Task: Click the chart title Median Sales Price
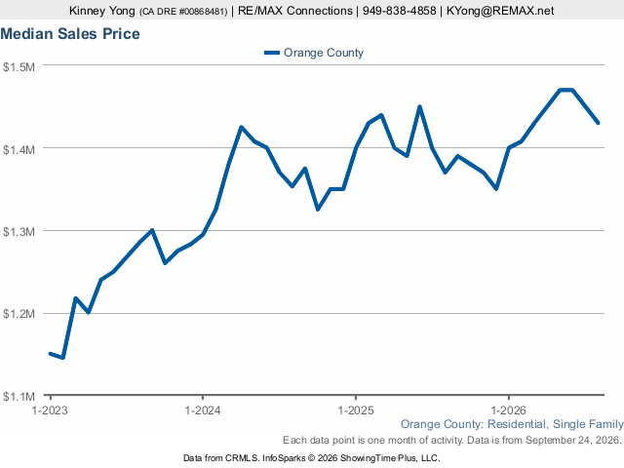[x=70, y=34]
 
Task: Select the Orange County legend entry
[x=314, y=53]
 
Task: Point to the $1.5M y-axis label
[x=19, y=66]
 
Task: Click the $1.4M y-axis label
[x=19, y=149]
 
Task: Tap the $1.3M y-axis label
[x=19, y=232]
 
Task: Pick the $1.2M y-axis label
[x=19, y=314]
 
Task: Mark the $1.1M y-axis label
[x=19, y=397]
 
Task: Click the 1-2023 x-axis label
[x=50, y=410]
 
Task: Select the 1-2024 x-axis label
[x=203, y=410]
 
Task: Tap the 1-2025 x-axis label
[x=355, y=410]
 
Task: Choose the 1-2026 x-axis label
[x=508, y=410]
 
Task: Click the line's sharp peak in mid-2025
[x=419, y=106]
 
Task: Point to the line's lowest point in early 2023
[x=62, y=358]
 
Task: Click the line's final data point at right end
[x=598, y=123]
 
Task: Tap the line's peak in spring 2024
[x=241, y=127]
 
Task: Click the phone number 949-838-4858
[x=399, y=11]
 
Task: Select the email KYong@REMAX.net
[x=500, y=11]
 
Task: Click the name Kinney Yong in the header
[x=101, y=11]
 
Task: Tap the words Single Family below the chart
[x=588, y=424]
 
